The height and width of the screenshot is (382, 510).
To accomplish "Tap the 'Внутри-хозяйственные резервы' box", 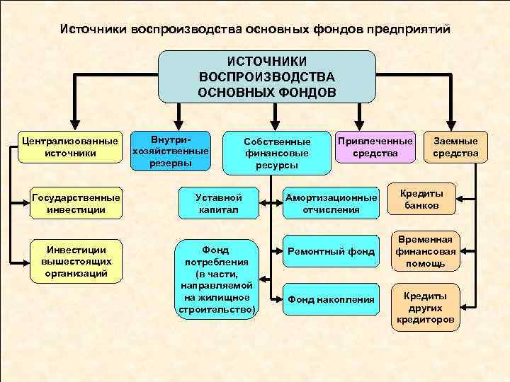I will tap(171, 150).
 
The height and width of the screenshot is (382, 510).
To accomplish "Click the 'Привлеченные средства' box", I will tap(375, 147).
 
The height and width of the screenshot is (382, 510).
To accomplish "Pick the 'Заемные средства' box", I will tap(456, 147).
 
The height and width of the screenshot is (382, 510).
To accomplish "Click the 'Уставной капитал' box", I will tap(219, 203).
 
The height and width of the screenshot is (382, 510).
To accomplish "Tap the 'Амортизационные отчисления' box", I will tap(331, 203).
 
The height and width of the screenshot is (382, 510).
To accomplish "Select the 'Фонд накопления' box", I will tap(331, 299).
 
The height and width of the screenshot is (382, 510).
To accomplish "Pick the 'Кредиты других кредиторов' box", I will tap(425, 307).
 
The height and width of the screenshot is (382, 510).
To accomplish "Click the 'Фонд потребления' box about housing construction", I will tap(216, 279).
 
